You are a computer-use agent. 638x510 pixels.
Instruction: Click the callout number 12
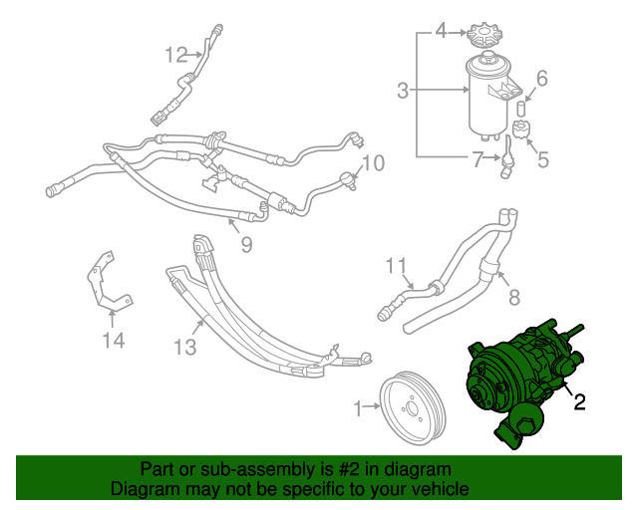176,55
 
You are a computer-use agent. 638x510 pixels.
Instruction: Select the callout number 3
403,91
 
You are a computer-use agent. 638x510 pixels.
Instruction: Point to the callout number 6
542,78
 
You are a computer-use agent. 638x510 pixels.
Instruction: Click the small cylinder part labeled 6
520,109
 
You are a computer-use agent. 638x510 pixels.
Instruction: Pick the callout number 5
543,159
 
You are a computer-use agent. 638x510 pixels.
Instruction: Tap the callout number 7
478,159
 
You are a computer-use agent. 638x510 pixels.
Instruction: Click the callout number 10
373,163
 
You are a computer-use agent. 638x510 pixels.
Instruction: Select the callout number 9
246,245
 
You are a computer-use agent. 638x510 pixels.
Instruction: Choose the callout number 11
396,266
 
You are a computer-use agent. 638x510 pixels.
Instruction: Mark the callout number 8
514,297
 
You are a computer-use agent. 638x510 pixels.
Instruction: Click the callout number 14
113,340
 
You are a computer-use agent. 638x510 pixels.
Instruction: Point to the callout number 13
185,348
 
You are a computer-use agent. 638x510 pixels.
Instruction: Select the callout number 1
358,408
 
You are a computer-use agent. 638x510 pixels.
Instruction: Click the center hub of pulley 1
410,409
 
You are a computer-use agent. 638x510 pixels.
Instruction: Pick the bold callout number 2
579,401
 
